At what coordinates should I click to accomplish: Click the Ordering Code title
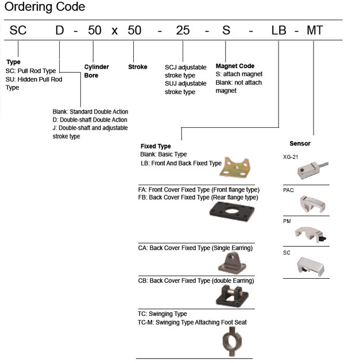click(x=45, y=7)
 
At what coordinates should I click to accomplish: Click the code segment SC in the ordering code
click(x=18, y=30)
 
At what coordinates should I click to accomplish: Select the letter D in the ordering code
click(x=60, y=30)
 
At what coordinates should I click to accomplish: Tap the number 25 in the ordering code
click(x=183, y=30)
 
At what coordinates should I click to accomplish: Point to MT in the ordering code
click(x=315, y=30)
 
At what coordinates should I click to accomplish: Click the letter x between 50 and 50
click(x=114, y=30)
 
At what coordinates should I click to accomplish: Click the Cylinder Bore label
click(x=96, y=71)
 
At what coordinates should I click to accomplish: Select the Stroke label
click(x=138, y=67)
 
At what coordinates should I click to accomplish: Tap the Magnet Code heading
click(x=235, y=66)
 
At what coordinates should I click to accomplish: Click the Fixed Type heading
click(x=156, y=146)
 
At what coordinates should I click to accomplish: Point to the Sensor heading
click(x=300, y=143)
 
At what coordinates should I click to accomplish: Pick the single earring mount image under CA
click(x=231, y=263)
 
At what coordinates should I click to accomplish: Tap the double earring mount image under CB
click(x=231, y=296)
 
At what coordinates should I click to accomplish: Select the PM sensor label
click(x=288, y=220)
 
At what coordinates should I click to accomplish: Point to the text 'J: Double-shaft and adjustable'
click(x=90, y=128)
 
